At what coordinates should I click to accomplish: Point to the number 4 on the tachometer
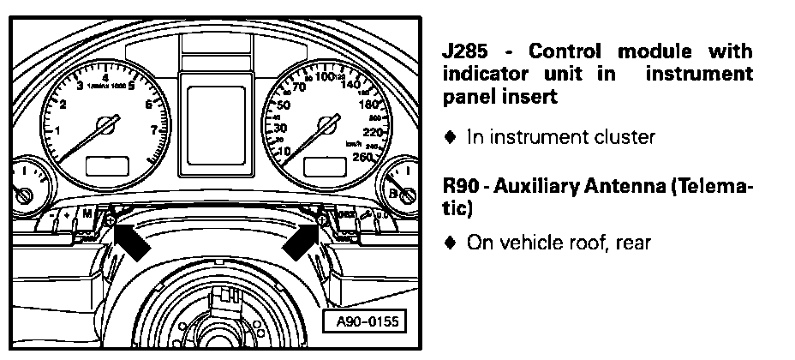coord(105,76)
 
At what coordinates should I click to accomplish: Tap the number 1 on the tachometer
coord(57,130)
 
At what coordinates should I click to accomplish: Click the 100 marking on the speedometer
coord(325,77)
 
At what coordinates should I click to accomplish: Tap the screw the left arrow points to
coord(111,220)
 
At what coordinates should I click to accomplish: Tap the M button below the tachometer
coord(87,211)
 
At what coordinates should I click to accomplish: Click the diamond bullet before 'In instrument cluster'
coord(450,136)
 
